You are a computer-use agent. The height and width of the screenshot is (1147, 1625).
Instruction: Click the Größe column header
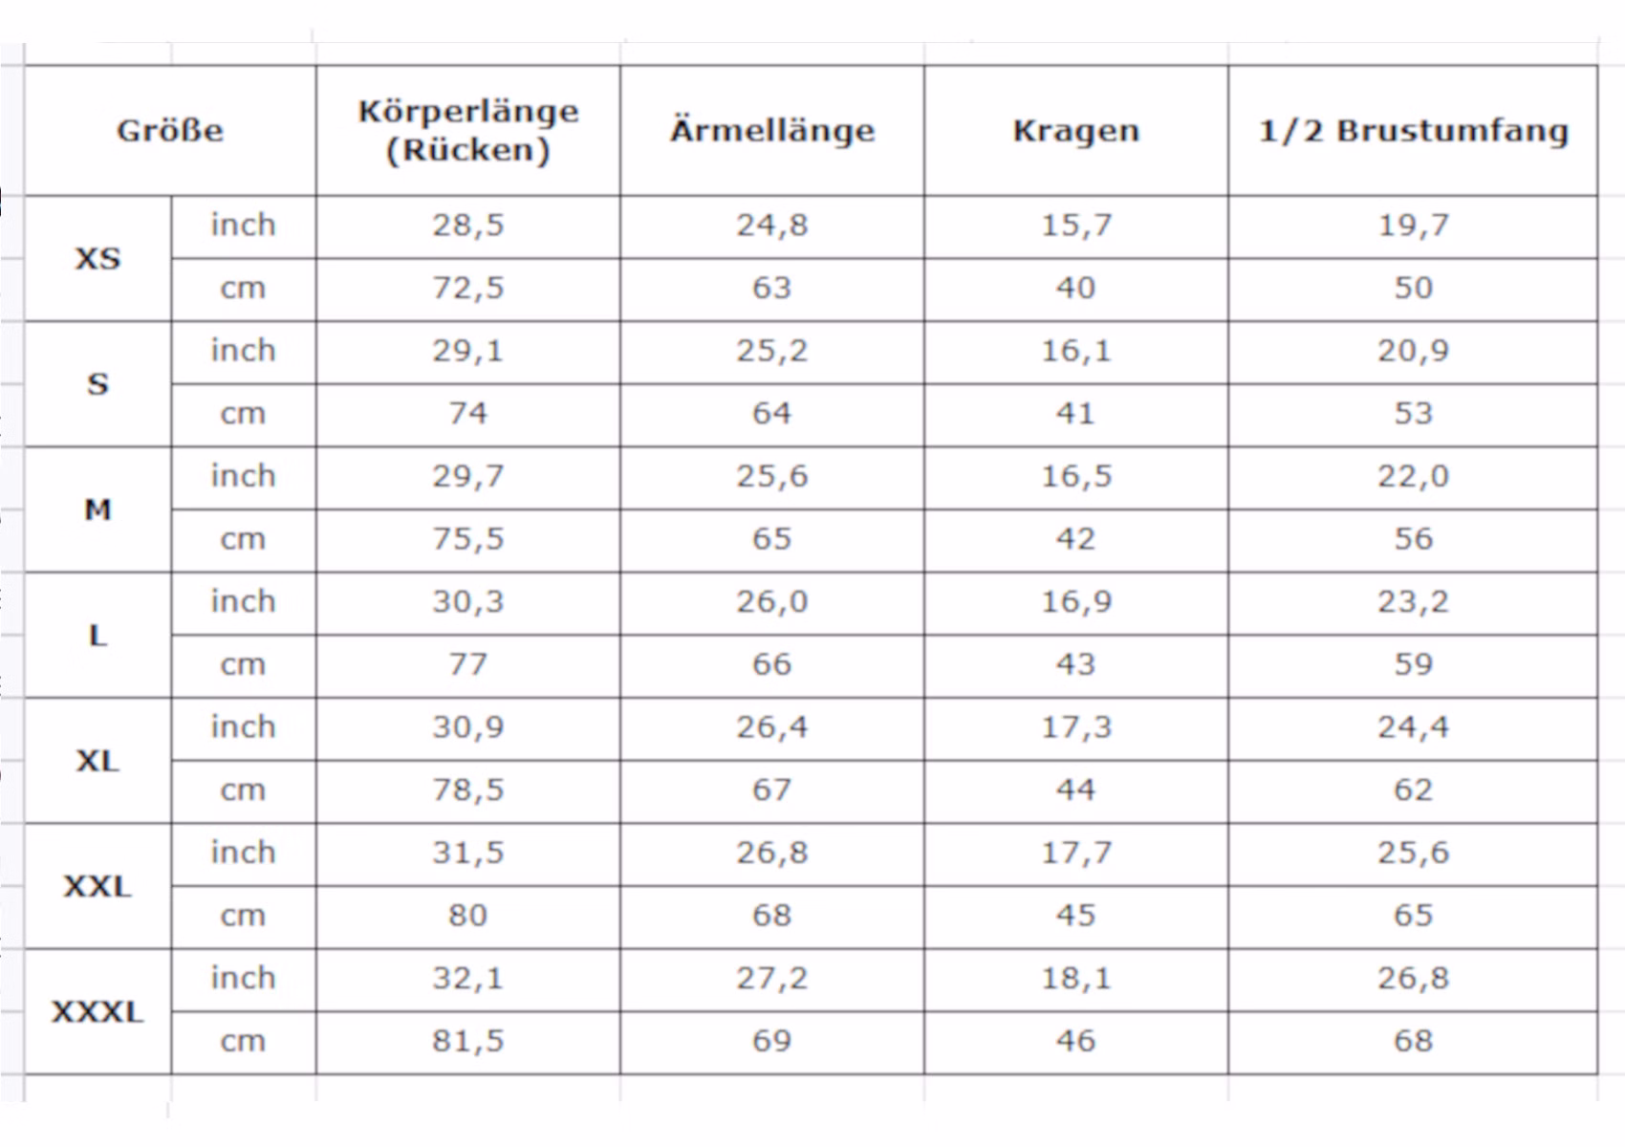[170, 131]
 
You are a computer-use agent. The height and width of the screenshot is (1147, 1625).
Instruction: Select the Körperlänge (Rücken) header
[468, 131]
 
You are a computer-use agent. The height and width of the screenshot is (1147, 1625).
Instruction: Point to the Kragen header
[1076, 132]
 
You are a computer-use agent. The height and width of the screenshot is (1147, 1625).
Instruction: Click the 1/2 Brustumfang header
[1413, 131]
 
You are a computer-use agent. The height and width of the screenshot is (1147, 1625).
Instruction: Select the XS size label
[97, 259]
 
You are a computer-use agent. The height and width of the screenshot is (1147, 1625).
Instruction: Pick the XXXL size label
[97, 1012]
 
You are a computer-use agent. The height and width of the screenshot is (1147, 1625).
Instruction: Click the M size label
[97, 510]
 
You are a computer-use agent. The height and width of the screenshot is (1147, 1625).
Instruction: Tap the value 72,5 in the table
[468, 289]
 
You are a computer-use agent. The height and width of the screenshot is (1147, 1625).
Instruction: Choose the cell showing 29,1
[468, 351]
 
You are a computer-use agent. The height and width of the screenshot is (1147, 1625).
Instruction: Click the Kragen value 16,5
[1076, 477]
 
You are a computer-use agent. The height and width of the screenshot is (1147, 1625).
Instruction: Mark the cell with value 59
[1413, 664]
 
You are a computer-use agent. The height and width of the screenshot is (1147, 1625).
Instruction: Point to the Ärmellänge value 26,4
[772, 727]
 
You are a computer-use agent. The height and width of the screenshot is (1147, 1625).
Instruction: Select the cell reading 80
[468, 916]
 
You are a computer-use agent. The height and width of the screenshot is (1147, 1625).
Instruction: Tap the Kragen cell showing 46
[1075, 1041]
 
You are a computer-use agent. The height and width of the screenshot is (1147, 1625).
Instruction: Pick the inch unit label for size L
[243, 601]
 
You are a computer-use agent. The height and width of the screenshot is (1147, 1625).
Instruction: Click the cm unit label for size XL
[243, 790]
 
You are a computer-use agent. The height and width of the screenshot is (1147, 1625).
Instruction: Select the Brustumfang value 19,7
[1413, 226]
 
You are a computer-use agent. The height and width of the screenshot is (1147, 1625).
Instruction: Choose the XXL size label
[97, 887]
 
